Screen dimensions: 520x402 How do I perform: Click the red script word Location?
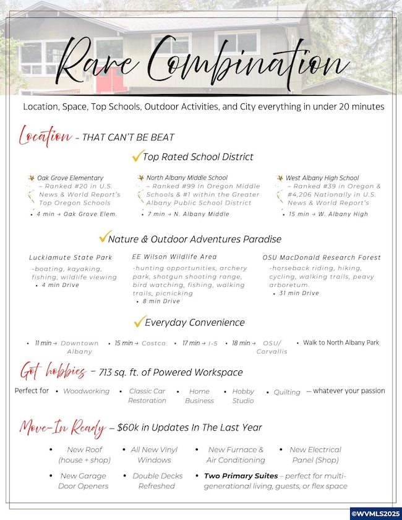click(x=45, y=135)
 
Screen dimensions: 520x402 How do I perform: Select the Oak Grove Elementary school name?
click(x=70, y=178)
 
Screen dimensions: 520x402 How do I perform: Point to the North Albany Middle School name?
click(x=187, y=178)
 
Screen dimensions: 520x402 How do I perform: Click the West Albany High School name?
click(x=322, y=178)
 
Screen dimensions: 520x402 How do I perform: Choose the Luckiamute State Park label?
click(x=71, y=257)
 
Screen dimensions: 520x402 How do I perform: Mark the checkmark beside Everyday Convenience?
click(x=139, y=322)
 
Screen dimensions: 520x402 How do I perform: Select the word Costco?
click(x=153, y=343)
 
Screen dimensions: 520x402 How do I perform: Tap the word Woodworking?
click(x=86, y=391)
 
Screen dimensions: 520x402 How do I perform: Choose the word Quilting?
click(x=286, y=392)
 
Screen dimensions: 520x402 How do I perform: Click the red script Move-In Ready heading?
click(x=60, y=427)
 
